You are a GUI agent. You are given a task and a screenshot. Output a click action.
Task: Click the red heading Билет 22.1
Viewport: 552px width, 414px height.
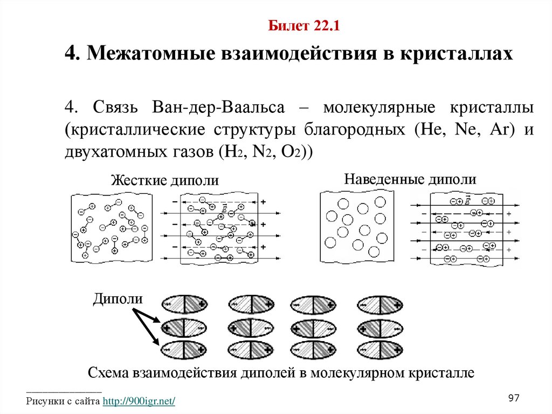tap(303, 26)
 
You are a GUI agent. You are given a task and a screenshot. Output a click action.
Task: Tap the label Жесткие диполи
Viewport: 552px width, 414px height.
tap(165, 181)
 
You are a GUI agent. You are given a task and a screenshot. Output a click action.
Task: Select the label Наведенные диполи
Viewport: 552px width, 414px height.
tap(411, 179)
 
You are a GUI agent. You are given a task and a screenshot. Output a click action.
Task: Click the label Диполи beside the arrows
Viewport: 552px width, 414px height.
tap(118, 299)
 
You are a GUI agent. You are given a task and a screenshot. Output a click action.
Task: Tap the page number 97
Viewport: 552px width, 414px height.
tap(514, 398)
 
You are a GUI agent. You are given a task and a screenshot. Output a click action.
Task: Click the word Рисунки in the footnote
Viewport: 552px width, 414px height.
tap(45, 402)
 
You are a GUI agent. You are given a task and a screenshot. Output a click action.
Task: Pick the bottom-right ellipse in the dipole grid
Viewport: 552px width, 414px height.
tap(381, 350)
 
